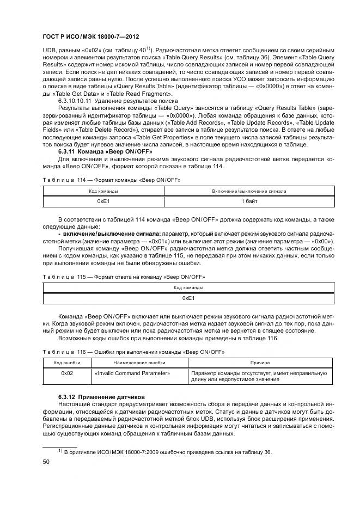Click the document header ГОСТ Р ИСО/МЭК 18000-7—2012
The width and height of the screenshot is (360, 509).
[x=90, y=36]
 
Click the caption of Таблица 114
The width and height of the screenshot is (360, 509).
[x=111, y=179]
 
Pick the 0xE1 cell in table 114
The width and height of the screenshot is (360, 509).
[x=103, y=201]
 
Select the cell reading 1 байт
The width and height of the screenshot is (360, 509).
[x=249, y=201]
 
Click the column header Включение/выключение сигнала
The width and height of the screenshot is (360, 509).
[x=249, y=192]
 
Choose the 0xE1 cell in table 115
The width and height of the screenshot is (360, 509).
[x=188, y=298]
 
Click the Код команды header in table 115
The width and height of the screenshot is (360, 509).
[x=188, y=288]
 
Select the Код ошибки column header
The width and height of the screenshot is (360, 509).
[x=67, y=363]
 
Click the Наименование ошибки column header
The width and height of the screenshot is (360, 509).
[x=139, y=363]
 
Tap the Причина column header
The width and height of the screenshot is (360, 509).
[x=259, y=363]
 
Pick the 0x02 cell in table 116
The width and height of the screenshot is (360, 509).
[x=67, y=373]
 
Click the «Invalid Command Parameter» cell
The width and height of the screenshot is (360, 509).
[x=132, y=373]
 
